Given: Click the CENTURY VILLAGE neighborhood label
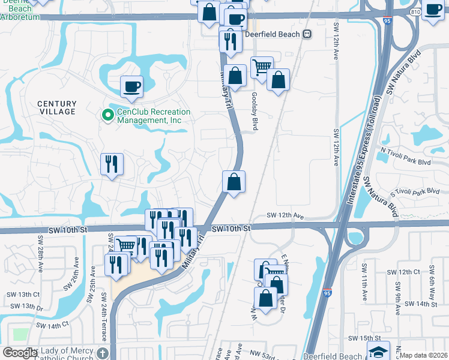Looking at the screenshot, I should tap(57, 107).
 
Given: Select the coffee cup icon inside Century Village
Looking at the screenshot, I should tap(131, 86).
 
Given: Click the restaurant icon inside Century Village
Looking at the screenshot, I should tap(112, 164).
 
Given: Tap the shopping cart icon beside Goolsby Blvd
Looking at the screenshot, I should tap(262, 67).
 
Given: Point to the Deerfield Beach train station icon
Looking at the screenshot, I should tap(307, 34).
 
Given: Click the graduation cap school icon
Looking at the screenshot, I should tap(378, 351).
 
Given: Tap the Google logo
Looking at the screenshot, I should tap(20, 353).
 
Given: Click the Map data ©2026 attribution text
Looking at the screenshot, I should tap(423, 355).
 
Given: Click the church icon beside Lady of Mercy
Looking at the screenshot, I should tap(103, 353).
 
